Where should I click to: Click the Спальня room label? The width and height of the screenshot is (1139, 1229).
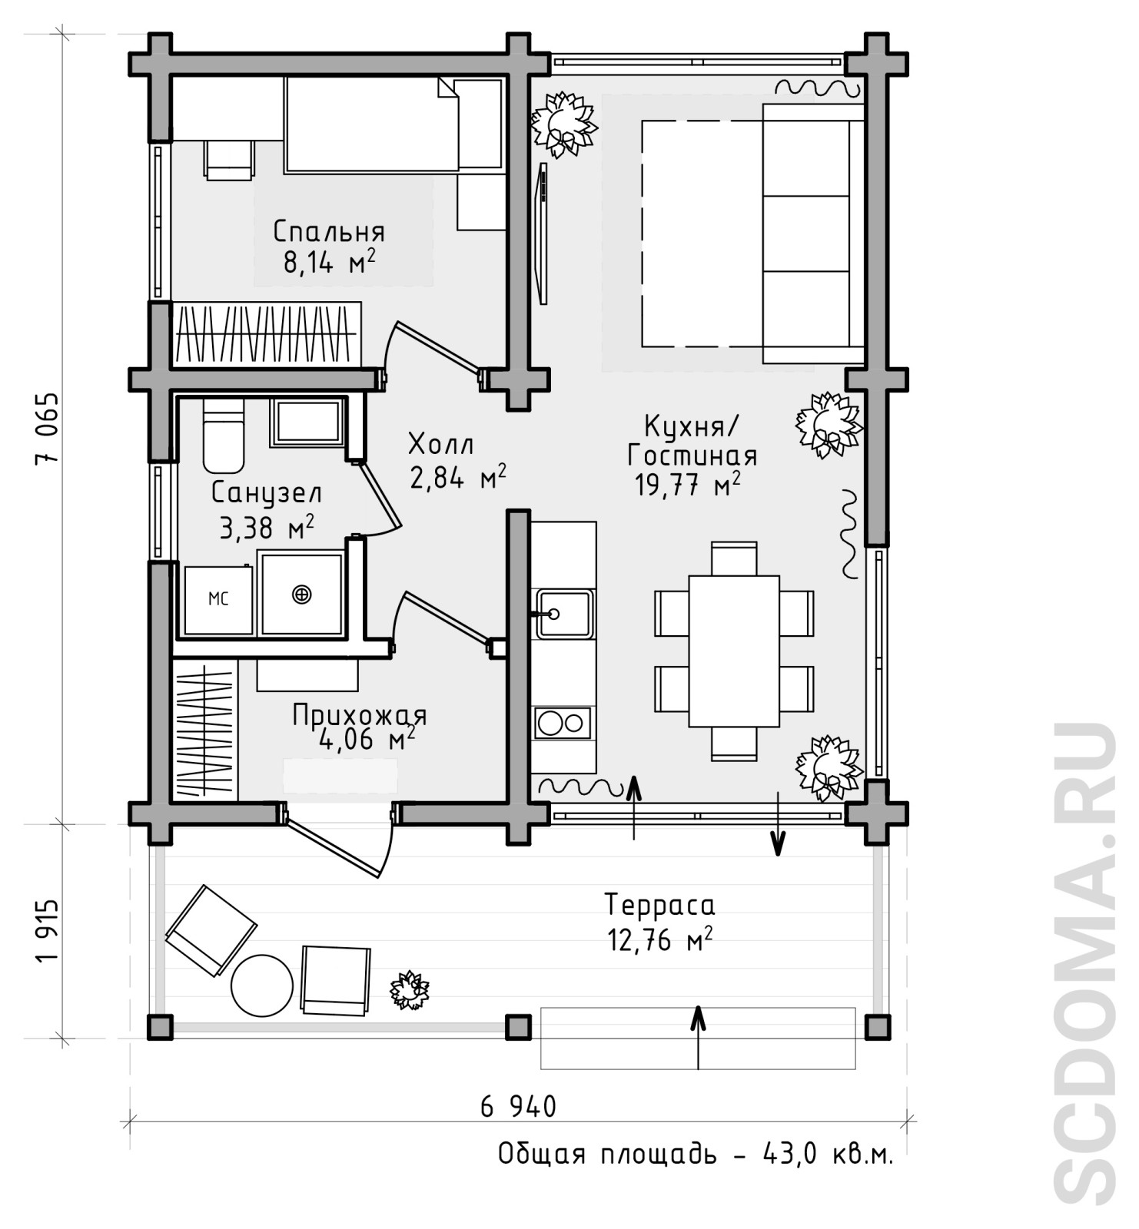click(x=329, y=231)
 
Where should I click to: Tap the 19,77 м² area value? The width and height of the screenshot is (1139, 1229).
click(x=688, y=485)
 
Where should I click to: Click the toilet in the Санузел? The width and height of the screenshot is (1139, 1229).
click(x=224, y=435)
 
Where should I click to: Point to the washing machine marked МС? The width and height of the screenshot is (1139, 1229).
click(x=219, y=600)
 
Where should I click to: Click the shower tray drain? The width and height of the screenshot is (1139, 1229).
click(x=302, y=594)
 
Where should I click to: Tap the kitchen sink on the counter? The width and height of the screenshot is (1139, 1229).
click(x=564, y=614)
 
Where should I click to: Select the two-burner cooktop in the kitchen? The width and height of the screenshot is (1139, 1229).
click(x=563, y=723)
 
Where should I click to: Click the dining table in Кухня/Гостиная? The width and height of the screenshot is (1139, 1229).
click(x=734, y=651)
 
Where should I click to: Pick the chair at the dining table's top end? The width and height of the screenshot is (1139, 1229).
click(x=734, y=558)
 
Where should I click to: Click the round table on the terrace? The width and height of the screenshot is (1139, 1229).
click(x=262, y=986)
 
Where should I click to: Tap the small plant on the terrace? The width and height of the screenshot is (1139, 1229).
click(x=409, y=990)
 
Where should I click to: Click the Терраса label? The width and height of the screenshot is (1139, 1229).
click(x=659, y=905)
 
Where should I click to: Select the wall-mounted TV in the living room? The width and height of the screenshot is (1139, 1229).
click(x=543, y=234)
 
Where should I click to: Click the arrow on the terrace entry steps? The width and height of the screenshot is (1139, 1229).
click(x=698, y=1037)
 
